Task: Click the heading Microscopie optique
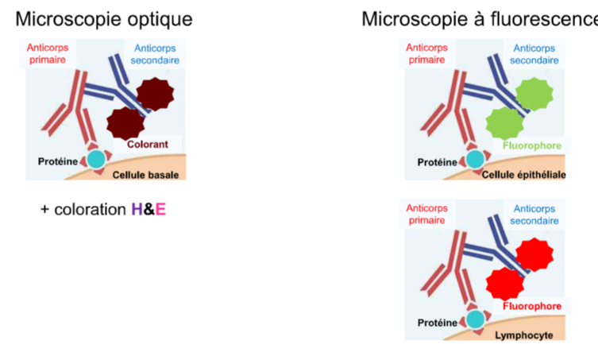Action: [x=104, y=19]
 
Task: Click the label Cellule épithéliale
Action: [x=525, y=175]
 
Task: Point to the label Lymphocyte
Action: [x=523, y=335]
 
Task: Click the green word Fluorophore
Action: [x=532, y=145]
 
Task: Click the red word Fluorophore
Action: [x=532, y=306]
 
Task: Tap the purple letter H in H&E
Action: [x=137, y=210]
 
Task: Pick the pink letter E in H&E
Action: [x=161, y=210]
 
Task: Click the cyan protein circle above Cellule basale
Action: [x=96, y=160]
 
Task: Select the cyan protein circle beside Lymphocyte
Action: [x=475, y=319]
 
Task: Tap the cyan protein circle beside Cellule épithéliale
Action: [x=475, y=160]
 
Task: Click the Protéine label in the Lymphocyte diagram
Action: [x=438, y=323]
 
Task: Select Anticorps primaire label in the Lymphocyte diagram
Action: [x=426, y=214]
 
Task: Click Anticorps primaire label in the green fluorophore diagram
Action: [x=426, y=54]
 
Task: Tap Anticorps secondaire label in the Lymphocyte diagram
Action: [x=534, y=214]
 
